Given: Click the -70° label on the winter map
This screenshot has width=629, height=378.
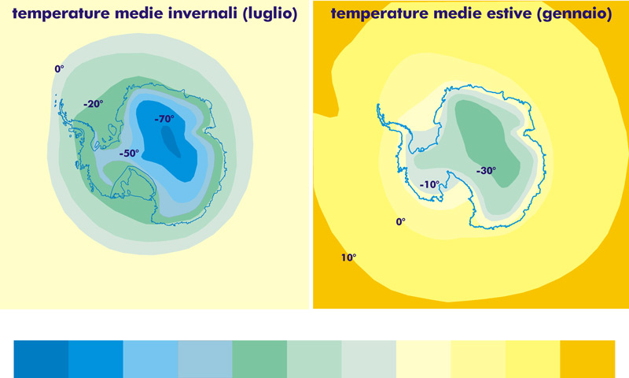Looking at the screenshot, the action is click(164, 118).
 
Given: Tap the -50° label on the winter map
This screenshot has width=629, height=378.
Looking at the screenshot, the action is click(129, 153).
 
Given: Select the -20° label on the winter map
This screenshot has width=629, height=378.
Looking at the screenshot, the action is click(94, 104).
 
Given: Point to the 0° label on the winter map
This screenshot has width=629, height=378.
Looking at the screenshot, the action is click(60, 69).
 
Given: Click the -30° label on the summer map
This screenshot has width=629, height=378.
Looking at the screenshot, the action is click(486, 171).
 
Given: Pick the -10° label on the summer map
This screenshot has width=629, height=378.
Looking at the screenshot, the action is click(429, 184).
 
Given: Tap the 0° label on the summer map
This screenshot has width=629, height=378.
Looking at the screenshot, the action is click(401, 222).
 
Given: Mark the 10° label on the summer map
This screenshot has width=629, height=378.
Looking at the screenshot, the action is click(348, 258).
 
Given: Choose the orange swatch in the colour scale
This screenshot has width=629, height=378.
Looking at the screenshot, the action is click(587, 359).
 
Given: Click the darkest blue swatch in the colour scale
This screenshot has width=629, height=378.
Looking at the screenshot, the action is click(41, 359).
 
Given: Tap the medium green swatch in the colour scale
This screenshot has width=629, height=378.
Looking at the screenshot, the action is click(259, 359).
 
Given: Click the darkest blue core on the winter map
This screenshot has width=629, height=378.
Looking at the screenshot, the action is click(171, 142).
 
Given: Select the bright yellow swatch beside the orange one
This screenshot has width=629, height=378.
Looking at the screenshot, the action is click(533, 359).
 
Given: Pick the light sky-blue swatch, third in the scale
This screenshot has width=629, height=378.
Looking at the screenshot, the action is click(150, 359).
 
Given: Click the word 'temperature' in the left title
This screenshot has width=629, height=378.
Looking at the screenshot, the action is click(61, 14).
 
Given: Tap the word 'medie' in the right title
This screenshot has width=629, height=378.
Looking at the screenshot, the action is click(461, 13).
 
